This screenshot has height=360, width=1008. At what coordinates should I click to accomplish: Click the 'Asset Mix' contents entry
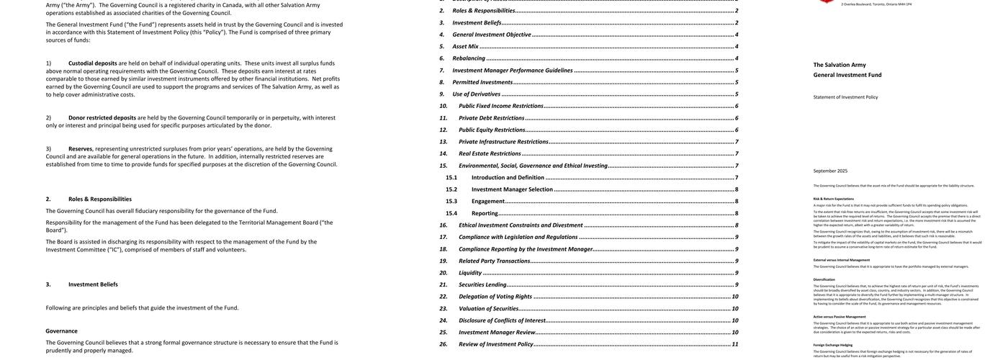(465, 46)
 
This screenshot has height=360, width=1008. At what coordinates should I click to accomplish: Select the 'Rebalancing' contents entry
(469, 58)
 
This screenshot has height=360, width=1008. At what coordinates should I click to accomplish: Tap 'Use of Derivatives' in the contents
(476, 94)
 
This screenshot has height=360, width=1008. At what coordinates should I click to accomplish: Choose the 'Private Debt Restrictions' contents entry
(491, 118)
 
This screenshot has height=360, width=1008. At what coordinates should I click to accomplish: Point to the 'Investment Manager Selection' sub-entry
(512, 189)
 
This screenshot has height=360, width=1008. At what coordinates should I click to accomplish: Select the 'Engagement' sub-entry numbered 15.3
(487, 202)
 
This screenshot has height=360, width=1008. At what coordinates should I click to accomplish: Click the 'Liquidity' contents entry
(470, 273)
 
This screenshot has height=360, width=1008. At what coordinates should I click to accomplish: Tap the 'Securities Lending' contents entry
(482, 284)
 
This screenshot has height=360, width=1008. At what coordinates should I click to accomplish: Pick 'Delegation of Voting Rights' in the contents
(495, 297)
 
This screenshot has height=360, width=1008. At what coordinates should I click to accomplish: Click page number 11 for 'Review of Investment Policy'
(734, 344)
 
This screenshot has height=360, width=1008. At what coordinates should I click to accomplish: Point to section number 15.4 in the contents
(451, 213)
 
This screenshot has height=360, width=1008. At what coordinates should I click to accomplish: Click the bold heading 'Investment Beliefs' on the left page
(93, 284)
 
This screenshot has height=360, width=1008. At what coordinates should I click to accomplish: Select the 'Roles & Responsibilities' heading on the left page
(100, 199)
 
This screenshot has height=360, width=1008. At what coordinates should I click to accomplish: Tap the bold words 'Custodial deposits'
(93, 63)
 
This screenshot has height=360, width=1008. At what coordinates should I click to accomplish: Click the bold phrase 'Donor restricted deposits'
(102, 117)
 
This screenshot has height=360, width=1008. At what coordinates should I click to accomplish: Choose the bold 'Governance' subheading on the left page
(61, 331)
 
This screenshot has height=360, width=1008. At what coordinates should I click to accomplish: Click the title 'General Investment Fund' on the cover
(847, 75)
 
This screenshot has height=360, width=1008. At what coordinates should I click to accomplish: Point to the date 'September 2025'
(830, 171)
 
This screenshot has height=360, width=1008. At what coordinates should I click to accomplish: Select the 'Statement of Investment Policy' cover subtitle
(845, 97)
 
